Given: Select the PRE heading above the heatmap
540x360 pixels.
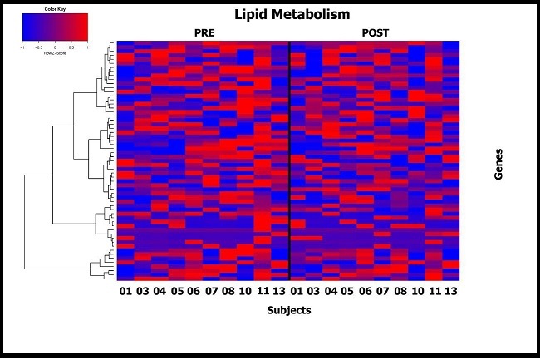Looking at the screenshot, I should (x=204, y=32).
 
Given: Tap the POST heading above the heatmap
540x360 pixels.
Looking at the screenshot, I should (x=376, y=32).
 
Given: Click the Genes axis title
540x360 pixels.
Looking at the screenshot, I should (x=498, y=163).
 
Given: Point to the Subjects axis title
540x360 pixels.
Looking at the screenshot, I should (x=290, y=310).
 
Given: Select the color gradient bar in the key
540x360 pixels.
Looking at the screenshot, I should (x=54, y=28).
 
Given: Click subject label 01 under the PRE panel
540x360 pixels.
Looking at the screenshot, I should (x=125, y=292).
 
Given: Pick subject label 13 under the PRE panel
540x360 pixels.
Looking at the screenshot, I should (x=280, y=292).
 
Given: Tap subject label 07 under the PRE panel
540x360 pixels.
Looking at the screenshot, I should (x=210, y=292).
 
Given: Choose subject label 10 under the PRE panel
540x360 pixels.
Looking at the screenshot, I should (x=244, y=292).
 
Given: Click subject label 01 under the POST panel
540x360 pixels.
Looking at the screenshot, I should (x=297, y=292).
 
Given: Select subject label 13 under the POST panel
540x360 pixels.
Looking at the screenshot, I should (x=450, y=292).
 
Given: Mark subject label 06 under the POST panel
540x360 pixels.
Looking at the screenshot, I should (x=365, y=292).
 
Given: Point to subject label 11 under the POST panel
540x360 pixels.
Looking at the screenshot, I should (x=433, y=292).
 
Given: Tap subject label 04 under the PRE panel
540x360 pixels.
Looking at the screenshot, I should (x=160, y=292).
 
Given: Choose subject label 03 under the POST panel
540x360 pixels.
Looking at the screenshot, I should (x=314, y=292).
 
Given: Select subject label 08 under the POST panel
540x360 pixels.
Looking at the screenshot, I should (x=399, y=292).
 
